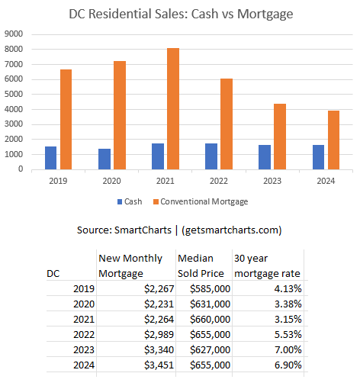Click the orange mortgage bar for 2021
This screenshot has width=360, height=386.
click(173, 108)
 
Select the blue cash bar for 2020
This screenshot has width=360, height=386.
click(104, 159)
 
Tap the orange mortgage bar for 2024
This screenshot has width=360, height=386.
click(333, 140)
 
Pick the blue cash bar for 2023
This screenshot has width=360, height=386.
click(265, 157)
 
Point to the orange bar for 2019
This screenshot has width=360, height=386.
click(66, 119)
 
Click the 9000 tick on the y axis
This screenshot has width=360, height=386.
click(14, 34)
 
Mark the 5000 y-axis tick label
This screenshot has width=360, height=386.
click(14, 94)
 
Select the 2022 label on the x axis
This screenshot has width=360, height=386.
click(219, 181)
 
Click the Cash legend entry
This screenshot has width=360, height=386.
click(130, 201)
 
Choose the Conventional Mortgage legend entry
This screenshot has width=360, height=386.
click(201, 201)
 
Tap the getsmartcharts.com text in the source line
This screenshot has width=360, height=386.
click(232, 230)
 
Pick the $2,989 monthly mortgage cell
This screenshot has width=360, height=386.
click(159, 334)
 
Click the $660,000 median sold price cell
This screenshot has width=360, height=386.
click(210, 319)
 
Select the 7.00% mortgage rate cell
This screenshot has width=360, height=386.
click(288, 349)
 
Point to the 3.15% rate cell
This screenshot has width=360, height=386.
click(288, 319)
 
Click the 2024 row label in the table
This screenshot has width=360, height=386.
click(84, 365)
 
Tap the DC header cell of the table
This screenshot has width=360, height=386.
click(53, 274)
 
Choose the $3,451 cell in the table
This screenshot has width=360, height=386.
click(159, 365)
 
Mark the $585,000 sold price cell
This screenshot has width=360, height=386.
click(210, 288)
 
